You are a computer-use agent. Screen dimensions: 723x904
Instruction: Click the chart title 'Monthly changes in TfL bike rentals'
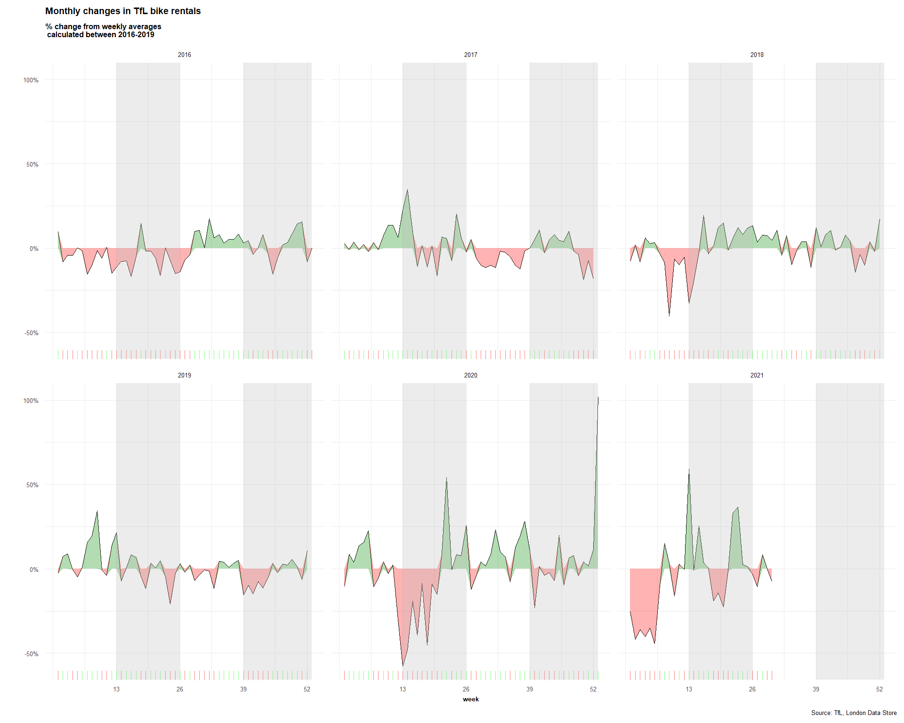click(x=123, y=11)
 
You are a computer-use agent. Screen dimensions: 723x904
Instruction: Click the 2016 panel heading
click(x=185, y=55)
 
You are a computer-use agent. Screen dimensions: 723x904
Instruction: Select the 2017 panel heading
click(x=471, y=55)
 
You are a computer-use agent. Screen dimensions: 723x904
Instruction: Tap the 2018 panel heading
click(x=757, y=55)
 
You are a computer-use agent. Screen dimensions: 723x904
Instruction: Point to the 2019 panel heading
click(x=185, y=376)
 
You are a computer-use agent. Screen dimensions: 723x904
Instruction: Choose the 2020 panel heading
click(x=471, y=376)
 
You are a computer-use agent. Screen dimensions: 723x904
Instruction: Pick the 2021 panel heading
click(x=757, y=376)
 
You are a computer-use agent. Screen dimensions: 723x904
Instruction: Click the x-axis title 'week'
click(x=471, y=699)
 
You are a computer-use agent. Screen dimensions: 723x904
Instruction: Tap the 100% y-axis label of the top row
click(x=31, y=80)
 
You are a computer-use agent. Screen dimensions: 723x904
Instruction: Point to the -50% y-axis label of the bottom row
click(x=31, y=654)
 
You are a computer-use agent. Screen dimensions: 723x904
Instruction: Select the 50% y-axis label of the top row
click(x=32, y=165)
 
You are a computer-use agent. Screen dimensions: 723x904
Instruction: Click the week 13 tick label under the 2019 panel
click(x=116, y=690)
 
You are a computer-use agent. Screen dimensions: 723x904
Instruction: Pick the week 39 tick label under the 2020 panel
click(x=530, y=690)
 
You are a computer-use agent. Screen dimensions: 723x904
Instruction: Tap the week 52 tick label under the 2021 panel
click(x=880, y=690)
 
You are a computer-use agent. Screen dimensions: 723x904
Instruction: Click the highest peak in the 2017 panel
click(x=407, y=190)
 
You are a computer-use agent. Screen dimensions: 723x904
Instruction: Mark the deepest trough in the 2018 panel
click(x=669, y=315)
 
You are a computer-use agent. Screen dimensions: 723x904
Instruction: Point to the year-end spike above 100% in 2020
click(x=598, y=398)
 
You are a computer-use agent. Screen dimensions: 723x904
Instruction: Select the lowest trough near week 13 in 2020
click(x=403, y=666)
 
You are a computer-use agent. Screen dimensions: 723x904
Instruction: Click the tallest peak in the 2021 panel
click(x=689, y=469)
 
